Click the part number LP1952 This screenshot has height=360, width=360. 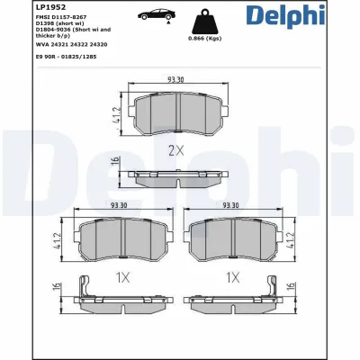22,7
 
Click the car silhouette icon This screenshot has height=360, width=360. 157,16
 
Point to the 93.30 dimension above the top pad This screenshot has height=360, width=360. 176,79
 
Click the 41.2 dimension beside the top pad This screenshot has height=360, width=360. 117,116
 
